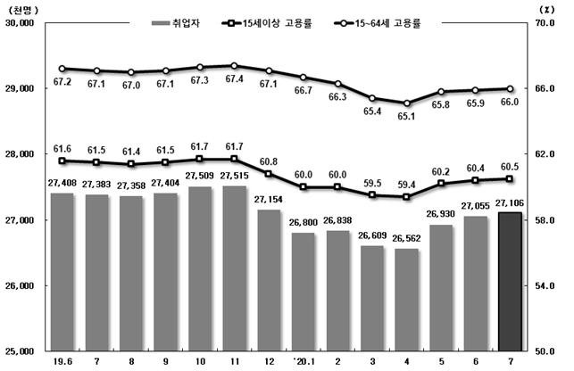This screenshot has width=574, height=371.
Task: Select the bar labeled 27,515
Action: (x=235, y=268)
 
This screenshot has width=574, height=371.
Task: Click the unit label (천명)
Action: (x=24, y=8)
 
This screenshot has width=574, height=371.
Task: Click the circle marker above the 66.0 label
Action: (x=509, y=89)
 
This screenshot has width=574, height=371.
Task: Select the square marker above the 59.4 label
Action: (x=407, y=197)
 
